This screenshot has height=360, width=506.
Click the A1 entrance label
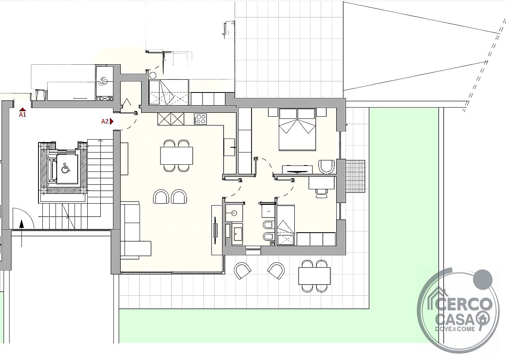(x=22, y=114)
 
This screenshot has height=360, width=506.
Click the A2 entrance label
(x=105, y=121)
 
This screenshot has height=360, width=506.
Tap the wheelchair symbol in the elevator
(x=65, y=168)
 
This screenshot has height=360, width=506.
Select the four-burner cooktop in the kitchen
(x=200, y=119)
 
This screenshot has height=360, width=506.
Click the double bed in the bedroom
(x=297, y=129)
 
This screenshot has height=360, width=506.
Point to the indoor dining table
(x=176, y=156)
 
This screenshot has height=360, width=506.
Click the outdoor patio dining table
(x=314, y=275)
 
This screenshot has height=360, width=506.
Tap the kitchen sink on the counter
(x=230, y=147)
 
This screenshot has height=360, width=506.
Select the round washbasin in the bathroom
(x=234, y=213)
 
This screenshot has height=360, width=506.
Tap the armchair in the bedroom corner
(x=326, y=167)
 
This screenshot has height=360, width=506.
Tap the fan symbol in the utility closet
(x=103, y=81)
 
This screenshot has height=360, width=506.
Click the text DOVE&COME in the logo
(x=455, y=329)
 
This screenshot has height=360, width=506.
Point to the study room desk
(x=322, y=183)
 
